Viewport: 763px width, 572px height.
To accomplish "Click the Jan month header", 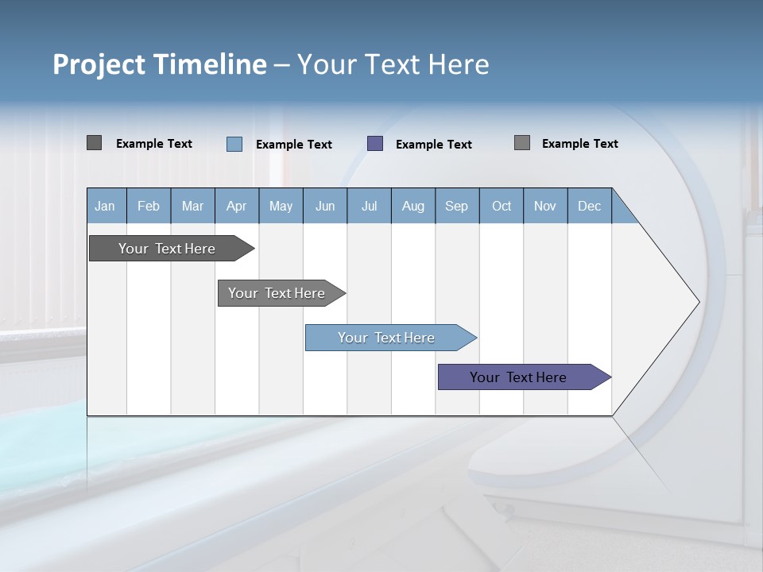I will click(x=106, y=206).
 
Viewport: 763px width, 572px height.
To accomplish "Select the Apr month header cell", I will click(x=236, y=206).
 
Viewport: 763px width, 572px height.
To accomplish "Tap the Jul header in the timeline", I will click(x=369, y=206).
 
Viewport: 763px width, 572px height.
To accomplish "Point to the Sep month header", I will click(x=456, y=206).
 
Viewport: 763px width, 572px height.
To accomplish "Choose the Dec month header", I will click(x=589, y=206).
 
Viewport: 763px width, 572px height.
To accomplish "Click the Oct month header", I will click(x=501, y=206).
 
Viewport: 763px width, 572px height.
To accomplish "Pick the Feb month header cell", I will click(x=149, y=206).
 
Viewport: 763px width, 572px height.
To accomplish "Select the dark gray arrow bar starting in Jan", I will click(x=168, y=249).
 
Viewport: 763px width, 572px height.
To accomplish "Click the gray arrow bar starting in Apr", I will click(x=277, y=293).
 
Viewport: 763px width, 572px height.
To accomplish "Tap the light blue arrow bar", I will click(x=387, y=338).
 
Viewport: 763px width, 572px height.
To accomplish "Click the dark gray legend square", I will click(x=95, y=143).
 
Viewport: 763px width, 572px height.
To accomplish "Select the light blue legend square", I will click(x=234, y=144).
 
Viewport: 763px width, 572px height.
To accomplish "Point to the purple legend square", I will click(x=375, y=144).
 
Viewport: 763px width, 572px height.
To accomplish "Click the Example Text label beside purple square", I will click(x=434, y=145).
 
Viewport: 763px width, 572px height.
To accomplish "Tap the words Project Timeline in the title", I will click(x=160, y=64).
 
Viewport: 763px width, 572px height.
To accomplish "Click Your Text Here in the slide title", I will click(x=393, y=64).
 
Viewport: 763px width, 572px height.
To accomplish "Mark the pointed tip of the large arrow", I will click(x=697, y=302).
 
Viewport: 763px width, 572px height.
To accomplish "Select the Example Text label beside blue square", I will click(x=294, y=145).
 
